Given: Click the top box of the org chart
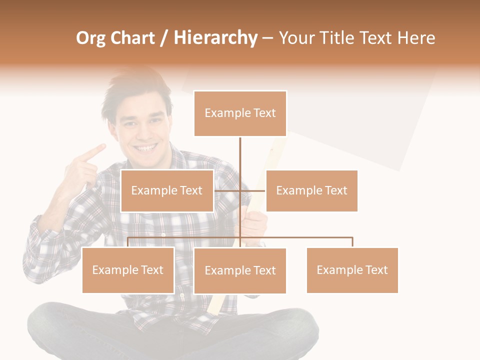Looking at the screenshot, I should tap(240, 113).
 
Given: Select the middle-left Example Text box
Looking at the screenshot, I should tap(167, 190).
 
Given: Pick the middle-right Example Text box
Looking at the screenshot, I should tap(311, 190).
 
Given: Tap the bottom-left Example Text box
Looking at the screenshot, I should tap(128, 270).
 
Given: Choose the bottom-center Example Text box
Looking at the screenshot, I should tap(240, 270).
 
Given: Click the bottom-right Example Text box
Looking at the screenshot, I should tap(352, 270).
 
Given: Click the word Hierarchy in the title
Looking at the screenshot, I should tap(215, 38).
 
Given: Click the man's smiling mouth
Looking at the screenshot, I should tap(146, 148).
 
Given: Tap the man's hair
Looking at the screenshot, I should tap(135, 92).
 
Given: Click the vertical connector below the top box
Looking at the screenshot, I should tap(240, 155).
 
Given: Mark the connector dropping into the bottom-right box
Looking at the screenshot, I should tap(352, 242).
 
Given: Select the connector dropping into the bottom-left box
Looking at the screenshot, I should tap(128, 242).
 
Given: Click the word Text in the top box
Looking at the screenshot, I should tap(264, 113).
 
